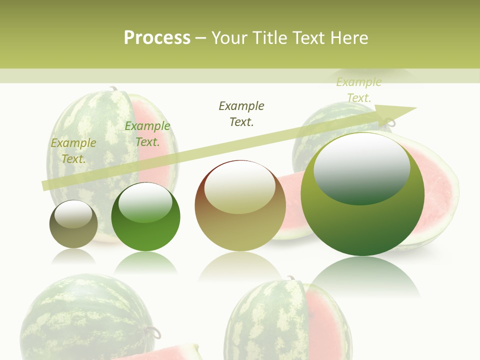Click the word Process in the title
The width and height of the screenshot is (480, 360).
pos(157,37)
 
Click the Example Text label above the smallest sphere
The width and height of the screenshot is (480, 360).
pos(73,150)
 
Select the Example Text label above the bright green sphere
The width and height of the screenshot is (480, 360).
pos(147,134)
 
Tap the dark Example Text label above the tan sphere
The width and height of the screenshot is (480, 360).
pos(241,113)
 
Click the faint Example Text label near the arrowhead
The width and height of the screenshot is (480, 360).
pos(359,89)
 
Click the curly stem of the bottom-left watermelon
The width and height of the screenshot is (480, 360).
pos(154,331)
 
